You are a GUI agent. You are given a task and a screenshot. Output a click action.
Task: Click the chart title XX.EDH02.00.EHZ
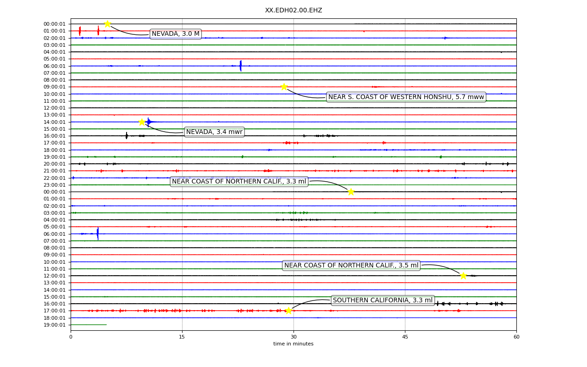pos(293,10)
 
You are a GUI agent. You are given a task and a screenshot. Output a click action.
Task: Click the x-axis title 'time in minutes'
pos(293,344)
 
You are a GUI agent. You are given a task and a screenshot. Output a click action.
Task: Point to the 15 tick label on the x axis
pos(182,337)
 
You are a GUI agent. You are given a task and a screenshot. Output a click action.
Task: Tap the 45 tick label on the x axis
pos(405,337)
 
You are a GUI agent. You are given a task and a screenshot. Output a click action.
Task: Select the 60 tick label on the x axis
pos(516,337)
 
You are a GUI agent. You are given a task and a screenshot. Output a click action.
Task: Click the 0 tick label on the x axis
pos(71,337)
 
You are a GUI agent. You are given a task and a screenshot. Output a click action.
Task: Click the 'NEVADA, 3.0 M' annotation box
pos(176,34)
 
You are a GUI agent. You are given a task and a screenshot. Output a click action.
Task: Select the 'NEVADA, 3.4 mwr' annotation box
pos(214,132)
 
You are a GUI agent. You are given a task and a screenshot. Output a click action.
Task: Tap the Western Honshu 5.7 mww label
pos(406,97)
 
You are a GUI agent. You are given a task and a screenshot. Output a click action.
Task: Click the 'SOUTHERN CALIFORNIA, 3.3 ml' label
pos(382,300)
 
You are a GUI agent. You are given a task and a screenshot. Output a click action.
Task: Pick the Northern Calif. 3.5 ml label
pos(351,265)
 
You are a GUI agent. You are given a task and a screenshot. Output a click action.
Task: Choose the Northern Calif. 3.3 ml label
pos(239,181)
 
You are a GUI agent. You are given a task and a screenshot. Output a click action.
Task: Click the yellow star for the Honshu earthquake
pos(284,87)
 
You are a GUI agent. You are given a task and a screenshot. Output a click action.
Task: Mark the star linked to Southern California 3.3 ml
pos(288,311)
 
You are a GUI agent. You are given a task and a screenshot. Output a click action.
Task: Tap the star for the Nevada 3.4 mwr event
pos(142,122)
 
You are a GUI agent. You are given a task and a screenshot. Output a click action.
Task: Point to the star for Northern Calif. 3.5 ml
pos(463,276)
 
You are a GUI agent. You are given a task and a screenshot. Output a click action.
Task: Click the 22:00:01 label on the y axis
pos(55,178)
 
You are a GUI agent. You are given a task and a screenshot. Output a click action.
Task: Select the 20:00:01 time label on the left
pos(55,164)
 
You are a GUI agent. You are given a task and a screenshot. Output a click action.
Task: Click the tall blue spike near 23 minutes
pos(241,66)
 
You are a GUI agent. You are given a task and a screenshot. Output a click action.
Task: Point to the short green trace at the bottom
pos(89,325)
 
